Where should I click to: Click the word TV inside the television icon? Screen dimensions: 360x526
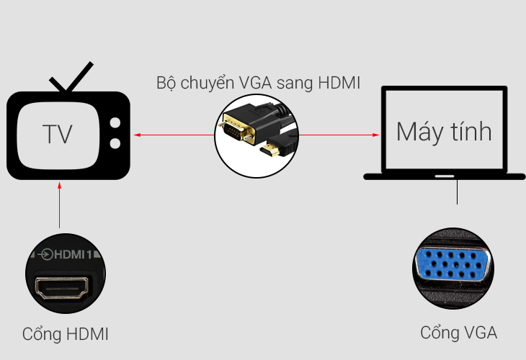point(58,135)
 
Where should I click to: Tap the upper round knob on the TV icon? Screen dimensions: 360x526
point(115,123)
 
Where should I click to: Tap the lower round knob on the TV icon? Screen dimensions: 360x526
point(115,143)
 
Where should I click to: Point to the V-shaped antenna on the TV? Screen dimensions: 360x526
point(70,79)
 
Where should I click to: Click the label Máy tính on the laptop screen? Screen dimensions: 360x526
point(444,132)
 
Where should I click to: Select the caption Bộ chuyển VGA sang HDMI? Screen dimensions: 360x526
point(259,83)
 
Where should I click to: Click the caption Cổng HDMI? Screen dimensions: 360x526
point(66,334)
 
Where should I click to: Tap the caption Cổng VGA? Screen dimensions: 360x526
point(458,333)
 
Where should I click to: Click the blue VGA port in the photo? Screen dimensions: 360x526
point(453,266)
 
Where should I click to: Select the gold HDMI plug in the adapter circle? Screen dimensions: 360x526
point(270,151)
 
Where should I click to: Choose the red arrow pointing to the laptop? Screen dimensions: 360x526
point(339,135)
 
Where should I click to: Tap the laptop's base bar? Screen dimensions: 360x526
point(444,175)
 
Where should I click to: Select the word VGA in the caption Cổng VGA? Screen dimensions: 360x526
point(480,333)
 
